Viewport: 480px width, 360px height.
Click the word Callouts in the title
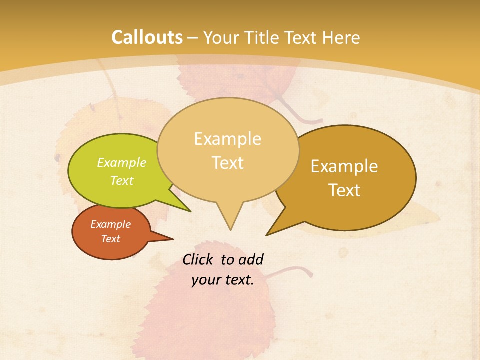[147, 37]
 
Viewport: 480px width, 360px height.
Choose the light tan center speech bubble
[227, 150]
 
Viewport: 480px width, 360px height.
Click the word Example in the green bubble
[122, 163]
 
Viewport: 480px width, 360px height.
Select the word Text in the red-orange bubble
[111, 239]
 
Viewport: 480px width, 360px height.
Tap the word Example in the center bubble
[227, 139]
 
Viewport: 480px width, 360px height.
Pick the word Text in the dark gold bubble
[344, 190]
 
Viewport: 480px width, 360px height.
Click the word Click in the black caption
[199, 259]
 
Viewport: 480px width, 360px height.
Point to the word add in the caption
[251, 259]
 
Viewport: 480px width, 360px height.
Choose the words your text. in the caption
[223, 280]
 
